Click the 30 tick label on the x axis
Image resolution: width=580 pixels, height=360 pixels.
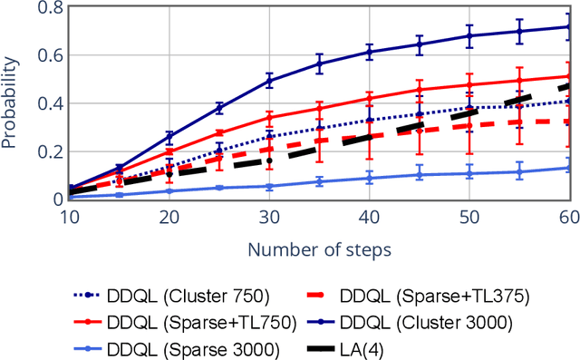click(269, 218)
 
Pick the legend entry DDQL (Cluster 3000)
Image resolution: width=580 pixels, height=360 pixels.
click(432, 321)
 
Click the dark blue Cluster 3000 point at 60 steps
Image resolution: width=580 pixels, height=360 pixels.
click(568, 26)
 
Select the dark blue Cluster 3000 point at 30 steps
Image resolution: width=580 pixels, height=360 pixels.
click(269, 81)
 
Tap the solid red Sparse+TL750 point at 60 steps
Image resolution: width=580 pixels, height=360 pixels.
click(568, 76)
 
